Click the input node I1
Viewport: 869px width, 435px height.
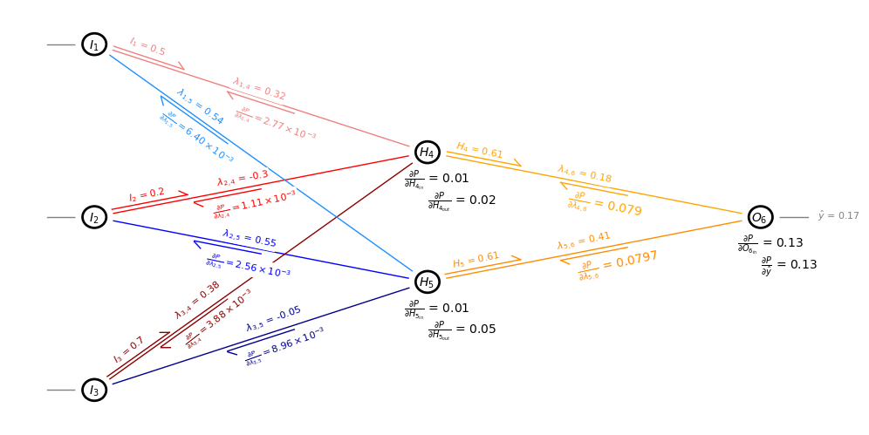[94, 44]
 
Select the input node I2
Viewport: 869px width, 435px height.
[94, 217]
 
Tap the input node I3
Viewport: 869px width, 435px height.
[94, 390]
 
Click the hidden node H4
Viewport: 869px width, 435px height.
[428, 153]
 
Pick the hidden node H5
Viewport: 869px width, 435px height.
[428, 282]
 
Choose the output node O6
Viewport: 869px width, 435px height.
[760, 217]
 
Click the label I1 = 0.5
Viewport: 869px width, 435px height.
[147, 47]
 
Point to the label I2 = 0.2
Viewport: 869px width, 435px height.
[147, 194]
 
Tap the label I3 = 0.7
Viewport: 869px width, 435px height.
[129, 350]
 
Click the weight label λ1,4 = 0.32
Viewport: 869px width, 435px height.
[259, 89]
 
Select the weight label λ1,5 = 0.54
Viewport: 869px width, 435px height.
[200, 106]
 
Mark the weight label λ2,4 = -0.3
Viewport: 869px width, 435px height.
[243, 178]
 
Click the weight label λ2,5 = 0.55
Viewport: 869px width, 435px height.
[250, 239]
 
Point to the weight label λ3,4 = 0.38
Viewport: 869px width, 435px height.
[197, 300]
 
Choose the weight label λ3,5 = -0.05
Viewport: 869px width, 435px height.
[274, 318]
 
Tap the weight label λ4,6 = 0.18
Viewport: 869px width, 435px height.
[585, 174]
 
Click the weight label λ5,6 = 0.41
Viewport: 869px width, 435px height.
[584, 241]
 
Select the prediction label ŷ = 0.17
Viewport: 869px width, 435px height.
[838, 216]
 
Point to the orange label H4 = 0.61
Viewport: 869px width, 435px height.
[480, 151]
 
